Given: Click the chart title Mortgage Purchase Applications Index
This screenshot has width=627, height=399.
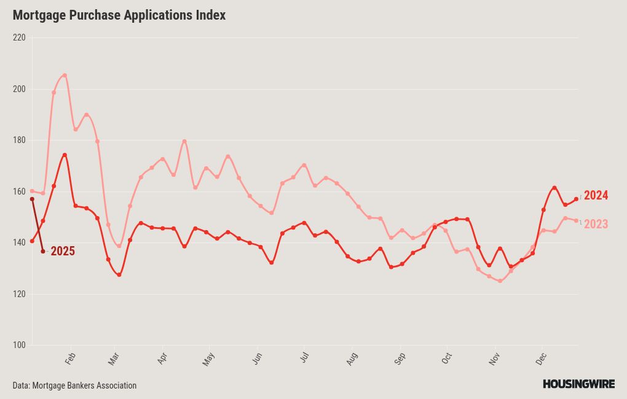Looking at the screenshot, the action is [119, 15].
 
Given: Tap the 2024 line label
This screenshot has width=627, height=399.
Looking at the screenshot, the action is [596, 195].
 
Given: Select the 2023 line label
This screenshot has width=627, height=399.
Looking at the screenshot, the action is [596, 224].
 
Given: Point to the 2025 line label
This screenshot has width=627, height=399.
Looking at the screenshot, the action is [63, 251].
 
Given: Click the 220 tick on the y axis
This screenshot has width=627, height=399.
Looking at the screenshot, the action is [19, 37].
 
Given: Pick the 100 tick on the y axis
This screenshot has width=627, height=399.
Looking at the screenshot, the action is [19, 345].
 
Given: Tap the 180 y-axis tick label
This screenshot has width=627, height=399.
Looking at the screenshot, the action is [19, 140].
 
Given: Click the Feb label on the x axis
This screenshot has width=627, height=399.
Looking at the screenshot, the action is [70, 358].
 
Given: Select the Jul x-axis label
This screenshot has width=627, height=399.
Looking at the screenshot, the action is [304, 357].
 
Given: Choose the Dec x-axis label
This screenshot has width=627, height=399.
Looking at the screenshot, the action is [541, 358].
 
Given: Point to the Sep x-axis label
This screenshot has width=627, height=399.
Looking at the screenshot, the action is [400, 358].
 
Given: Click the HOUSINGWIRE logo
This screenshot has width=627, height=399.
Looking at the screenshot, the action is [578, 384].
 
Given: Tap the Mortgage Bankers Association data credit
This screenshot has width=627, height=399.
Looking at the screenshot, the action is [74, 386].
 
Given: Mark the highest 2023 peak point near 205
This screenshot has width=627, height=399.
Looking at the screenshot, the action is [65, 75].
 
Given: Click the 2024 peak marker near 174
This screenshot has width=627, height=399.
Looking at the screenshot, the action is [65, 155].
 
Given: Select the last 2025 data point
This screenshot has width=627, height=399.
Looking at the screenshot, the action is [43, 251].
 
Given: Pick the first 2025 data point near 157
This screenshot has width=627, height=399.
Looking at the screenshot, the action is [32, 199].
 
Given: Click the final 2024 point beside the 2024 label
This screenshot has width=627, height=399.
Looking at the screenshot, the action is [576, 199].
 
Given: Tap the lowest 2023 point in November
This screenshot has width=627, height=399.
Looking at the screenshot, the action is [500, 281].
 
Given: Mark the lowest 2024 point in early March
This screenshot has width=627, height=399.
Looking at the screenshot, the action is [119, 275].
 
